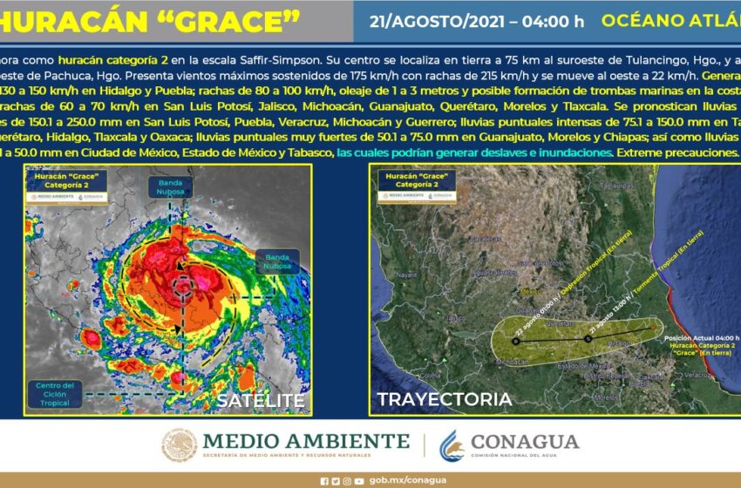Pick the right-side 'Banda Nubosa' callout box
coord(277,261)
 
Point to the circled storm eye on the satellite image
coord(183,284)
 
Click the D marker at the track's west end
coord(515,342)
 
